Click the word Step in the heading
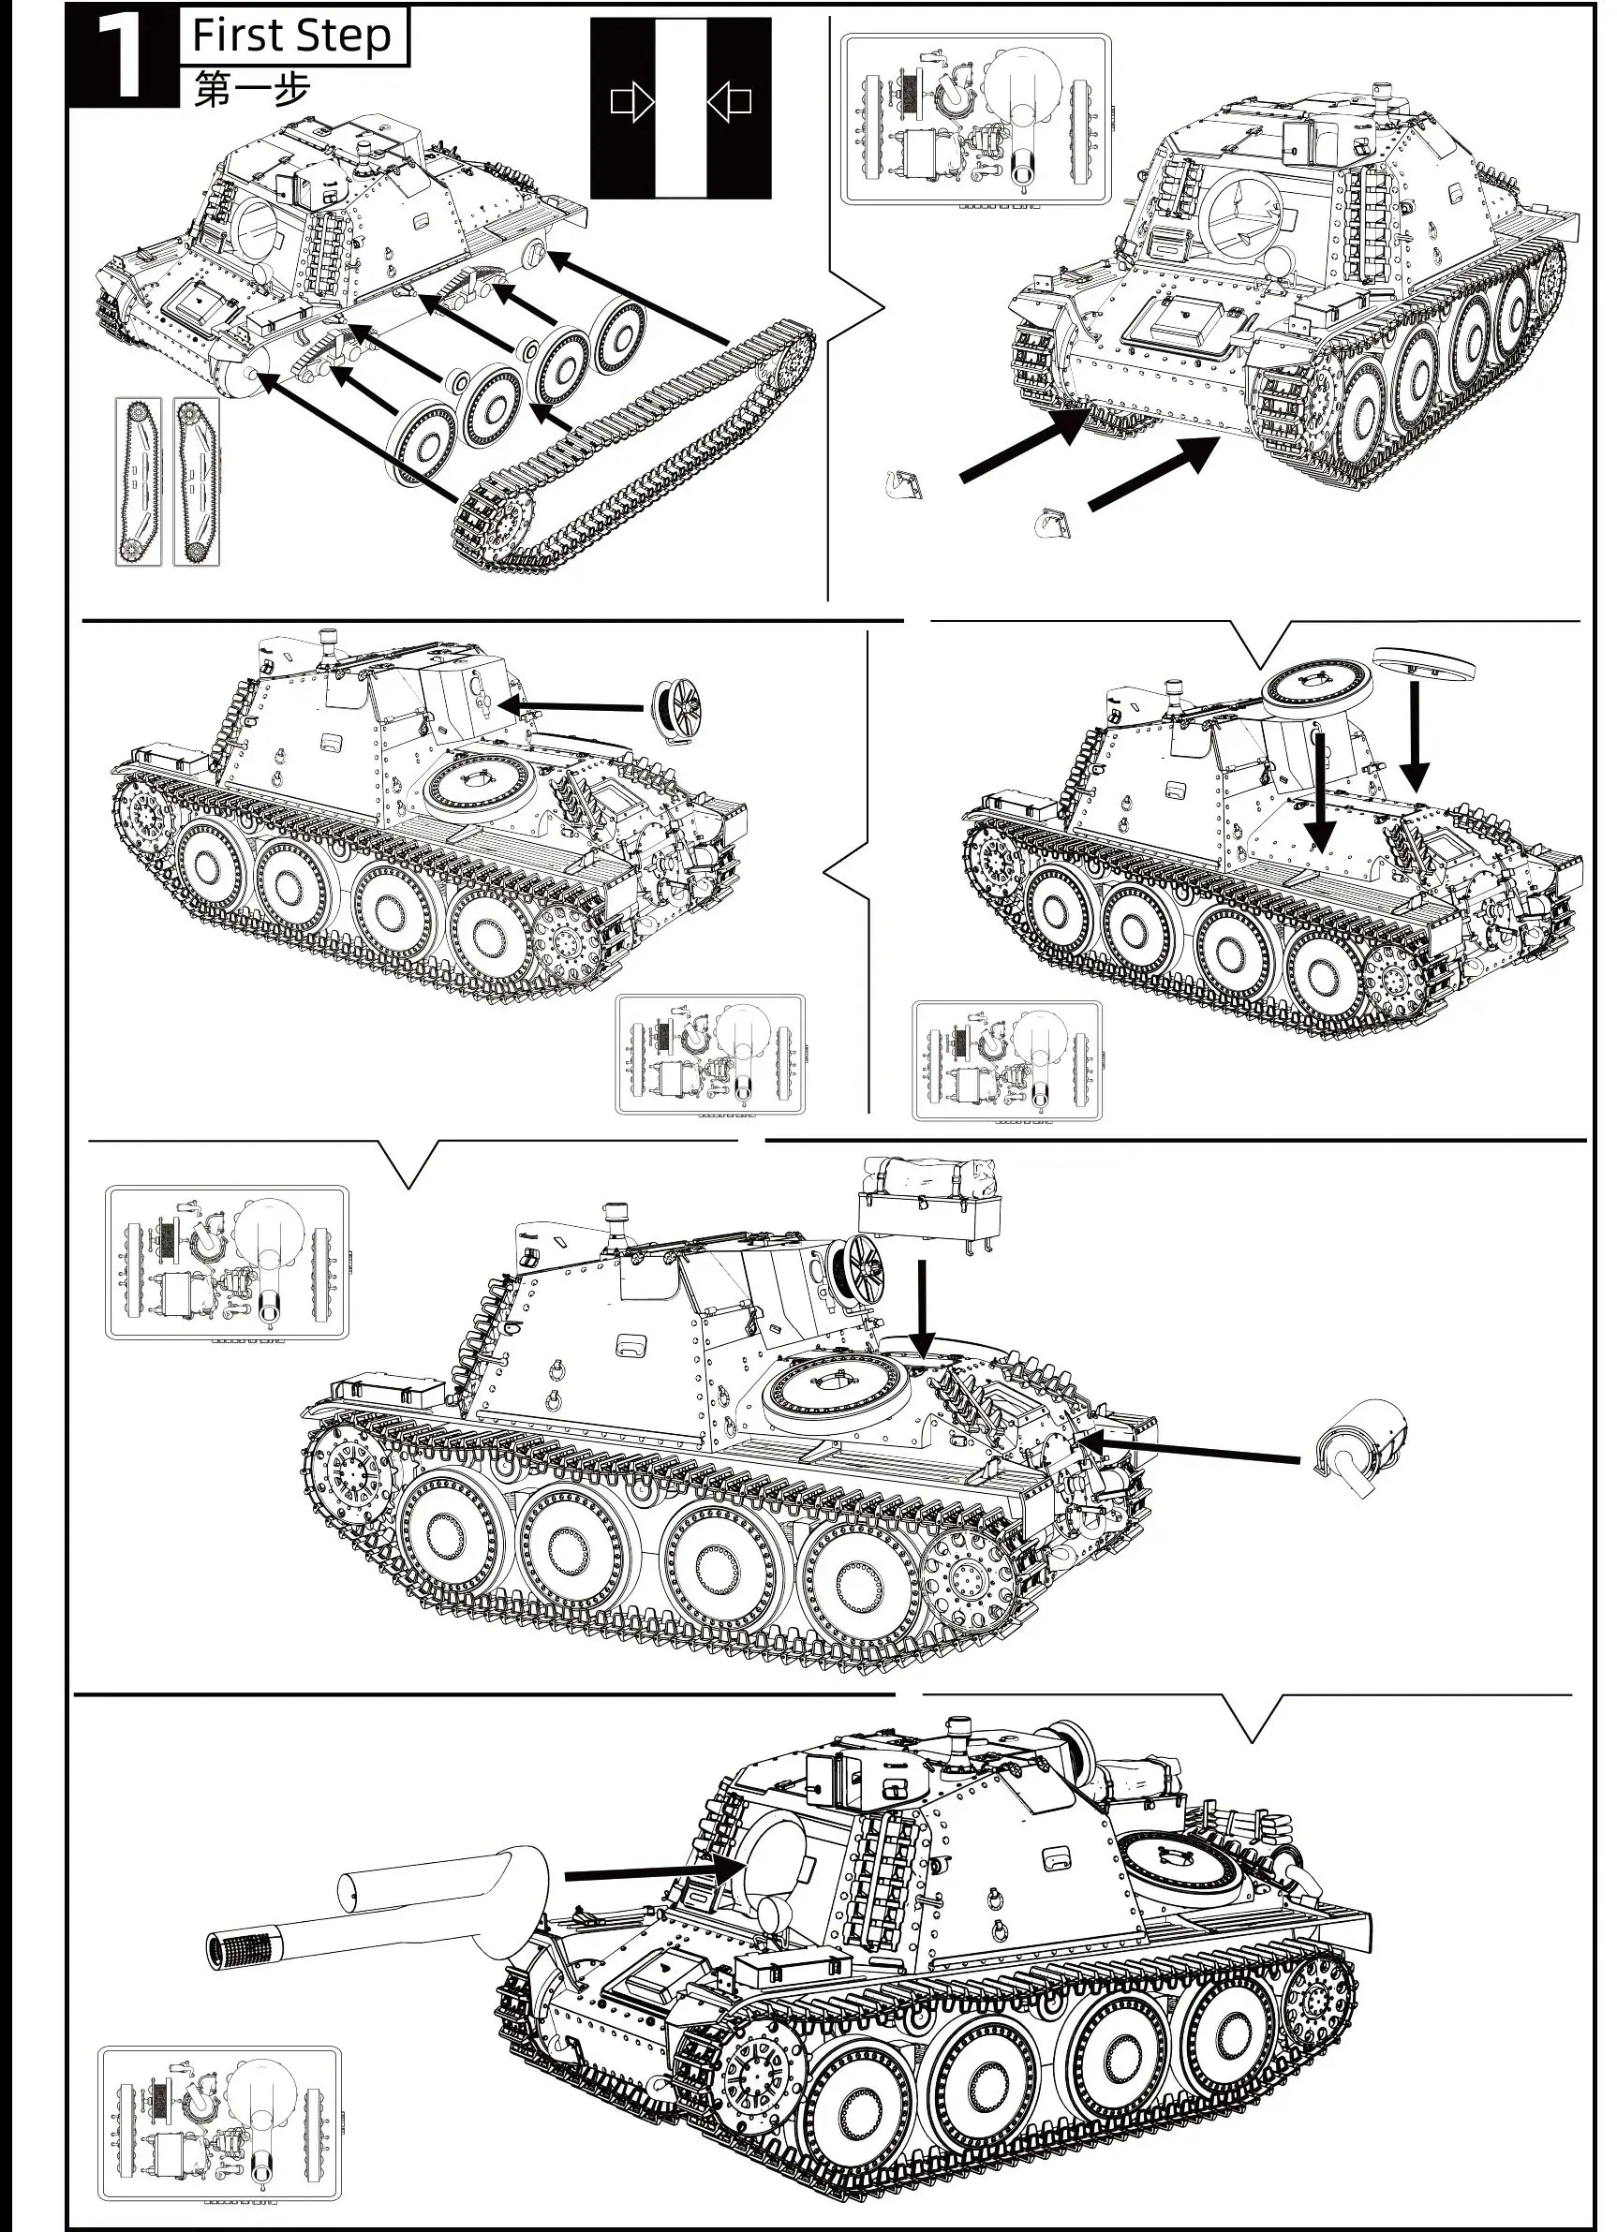click(346, 37)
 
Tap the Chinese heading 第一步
click(252, 90)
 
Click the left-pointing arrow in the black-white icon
click(729, 101)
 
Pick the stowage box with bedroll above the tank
click(930, 1197)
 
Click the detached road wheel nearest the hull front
click(421, 439)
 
